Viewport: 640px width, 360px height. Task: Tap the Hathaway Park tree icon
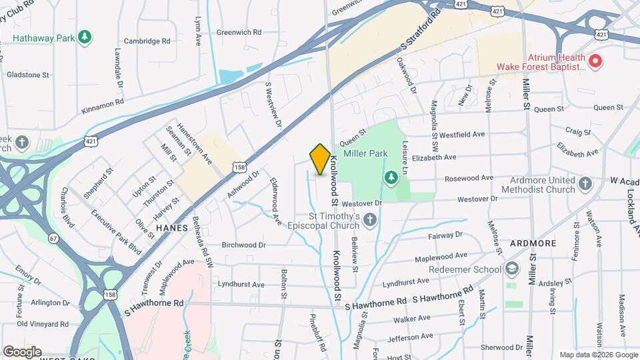(x=84, y=37)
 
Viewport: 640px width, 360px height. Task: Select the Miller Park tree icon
(x=392, y=177)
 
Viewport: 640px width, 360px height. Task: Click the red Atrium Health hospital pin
(x=595, y=62)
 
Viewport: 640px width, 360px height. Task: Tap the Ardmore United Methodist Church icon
(x=585, y=183)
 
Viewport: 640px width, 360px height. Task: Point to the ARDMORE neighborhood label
(x=533, y=243)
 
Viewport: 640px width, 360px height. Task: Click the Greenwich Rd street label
(x=239, y=32)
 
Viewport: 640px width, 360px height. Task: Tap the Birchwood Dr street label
(x=244, y=245)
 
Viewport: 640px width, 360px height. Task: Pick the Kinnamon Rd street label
(x=102, y=103)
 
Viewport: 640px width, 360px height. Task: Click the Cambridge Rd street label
(x=147, y=41)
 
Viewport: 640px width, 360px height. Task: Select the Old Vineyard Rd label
(x=43, y=324)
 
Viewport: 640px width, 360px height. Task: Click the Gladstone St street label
(x=28, y=75)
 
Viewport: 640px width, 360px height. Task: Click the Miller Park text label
(x=365, y=153)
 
